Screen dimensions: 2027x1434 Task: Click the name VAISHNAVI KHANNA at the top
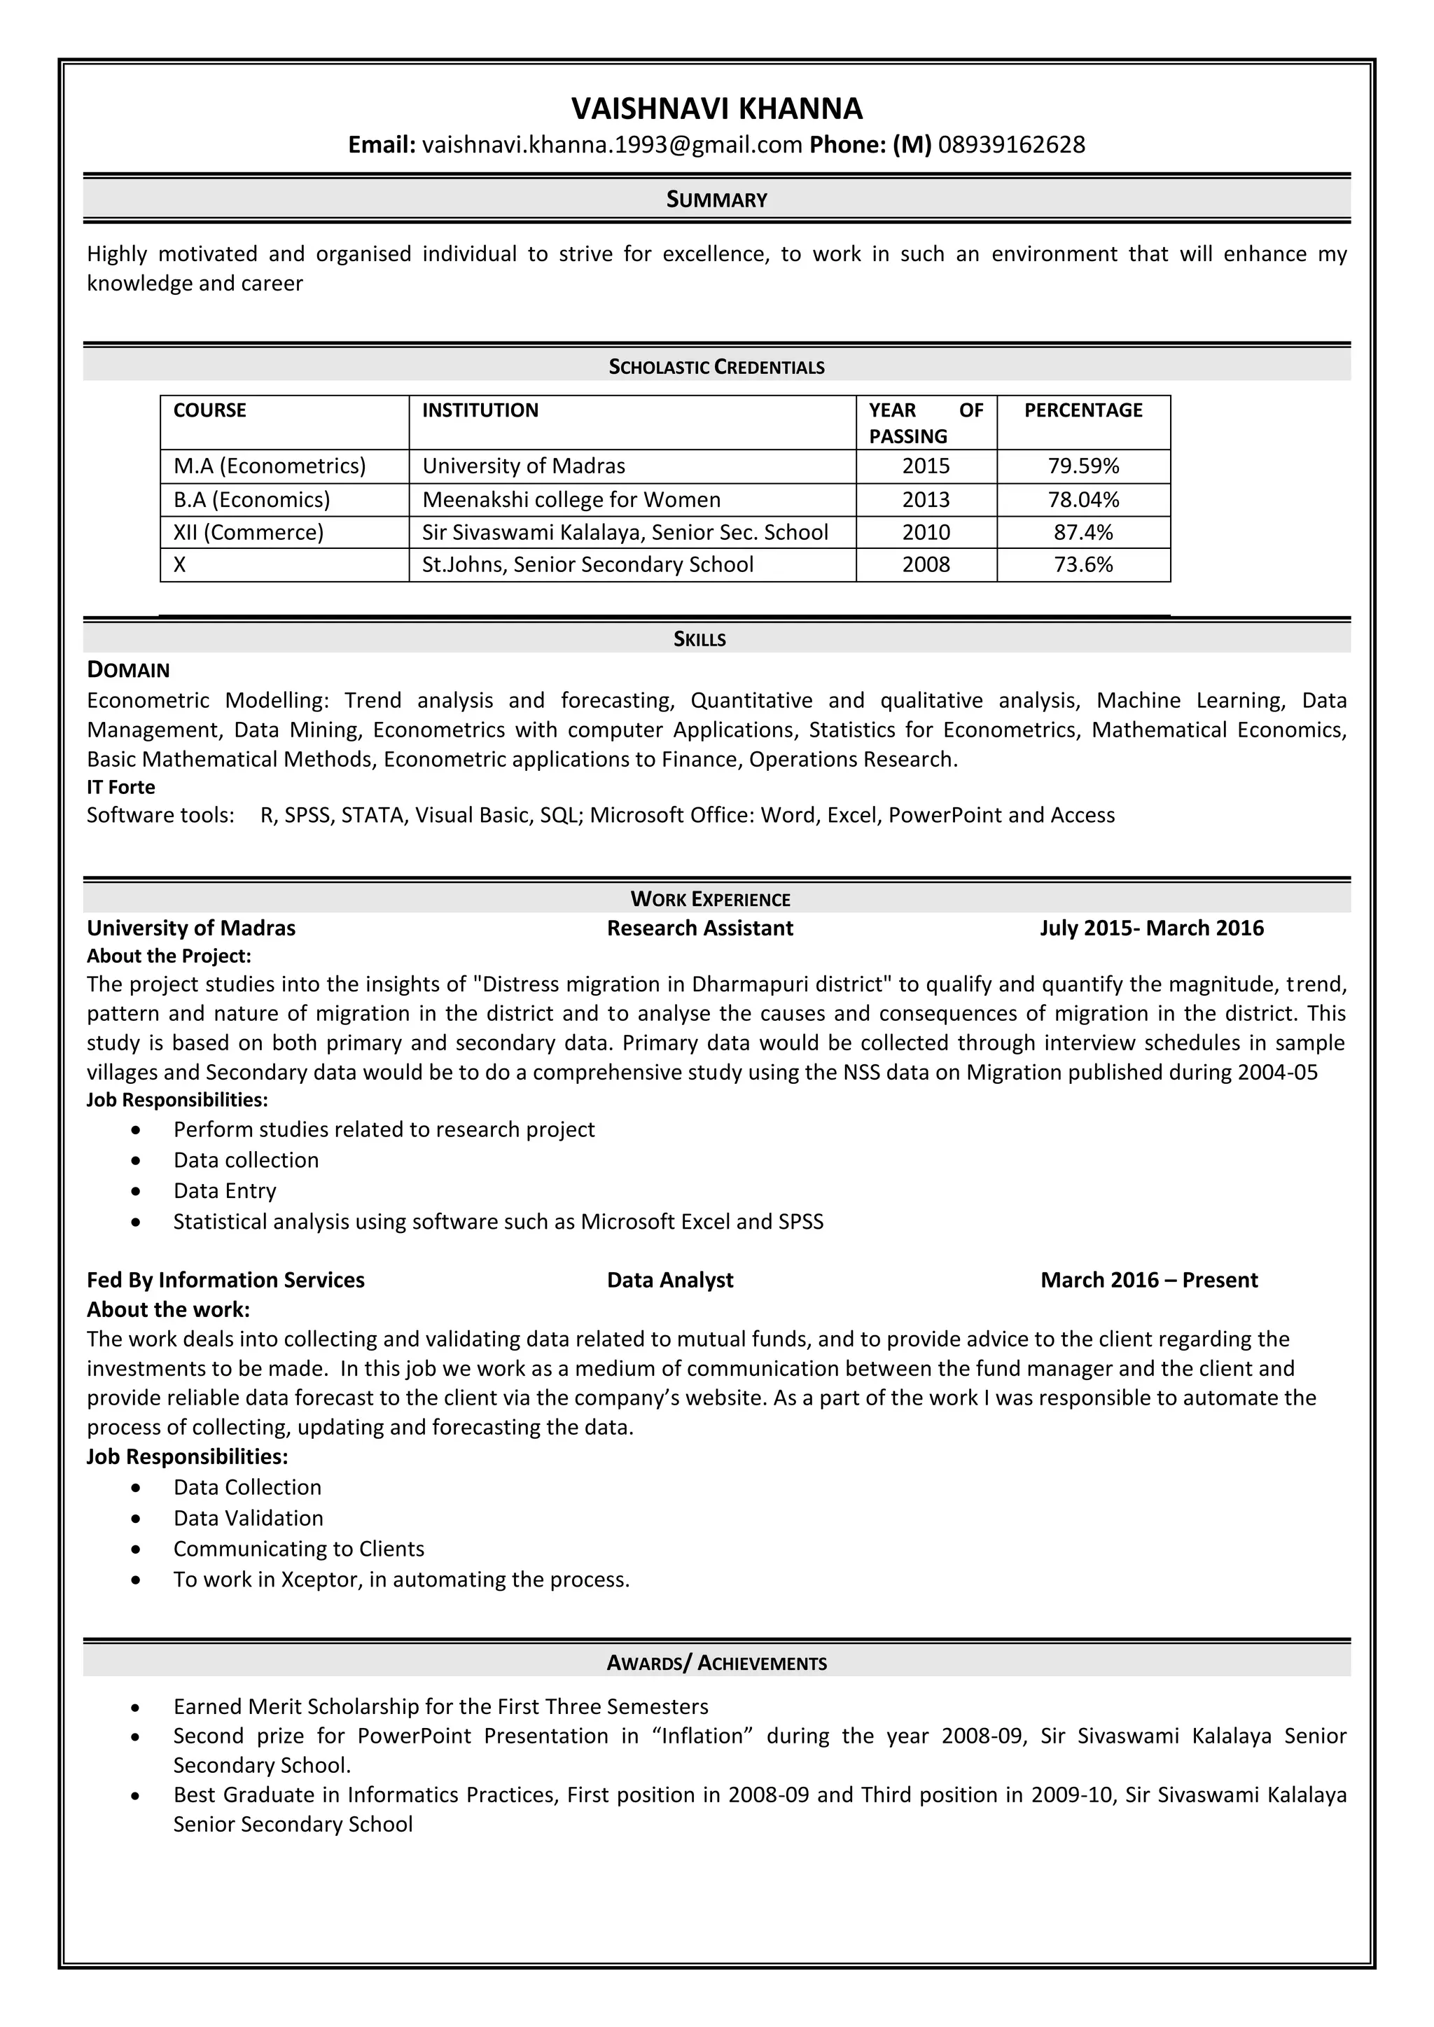tap(716, 109)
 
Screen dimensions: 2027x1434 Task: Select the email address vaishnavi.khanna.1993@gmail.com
tap(612, 145)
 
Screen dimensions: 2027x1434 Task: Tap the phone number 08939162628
tap(1011, 145)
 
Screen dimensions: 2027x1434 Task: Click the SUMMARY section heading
tap(716, 200)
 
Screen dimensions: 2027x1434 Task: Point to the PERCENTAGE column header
tap(1083, 410)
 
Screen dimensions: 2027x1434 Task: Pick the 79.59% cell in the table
tap(1083, 466)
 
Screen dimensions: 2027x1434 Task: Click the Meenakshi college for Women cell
tap(571, 500)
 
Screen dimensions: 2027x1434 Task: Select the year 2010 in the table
tap(926, 532)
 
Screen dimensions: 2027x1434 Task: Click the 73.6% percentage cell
tap(1083, 565)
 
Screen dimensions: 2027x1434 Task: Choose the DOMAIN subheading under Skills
tap(128, 670)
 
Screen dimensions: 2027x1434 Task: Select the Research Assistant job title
tap(699, 928)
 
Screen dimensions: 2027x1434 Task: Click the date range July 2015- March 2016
tap(1150, 928)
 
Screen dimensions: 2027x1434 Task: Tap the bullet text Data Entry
tap(224, 1191)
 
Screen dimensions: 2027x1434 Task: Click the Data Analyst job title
tap(669, 1280)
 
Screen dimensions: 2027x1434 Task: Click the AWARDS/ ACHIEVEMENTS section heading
tap(716, 1664)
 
